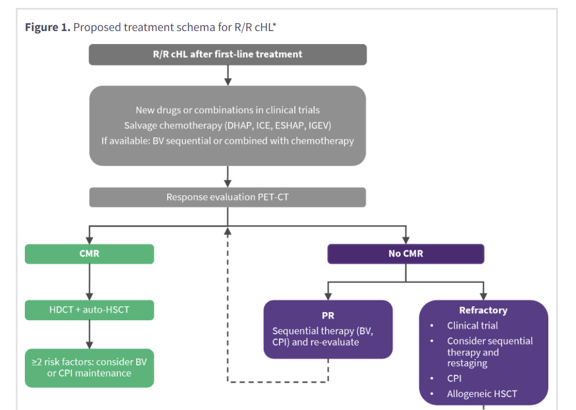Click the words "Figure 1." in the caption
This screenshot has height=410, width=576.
click(47, 27)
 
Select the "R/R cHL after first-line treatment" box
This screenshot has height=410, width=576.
click(228, 54)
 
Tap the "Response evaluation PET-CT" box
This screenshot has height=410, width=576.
click(228, 197)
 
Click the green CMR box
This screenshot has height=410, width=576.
click(89, 254)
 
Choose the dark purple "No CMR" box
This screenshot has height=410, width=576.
click(406, 254)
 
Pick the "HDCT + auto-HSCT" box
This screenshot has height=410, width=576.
click(89, 310)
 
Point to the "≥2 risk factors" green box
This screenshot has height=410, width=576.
click(89, 368)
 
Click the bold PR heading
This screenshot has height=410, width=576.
click(328, 316)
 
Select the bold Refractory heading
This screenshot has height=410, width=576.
click(483, 311)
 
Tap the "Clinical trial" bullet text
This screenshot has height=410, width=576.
click(473, 325)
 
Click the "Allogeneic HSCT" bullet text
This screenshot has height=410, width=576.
click(482, 394)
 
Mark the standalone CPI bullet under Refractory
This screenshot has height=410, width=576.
click(454, 378)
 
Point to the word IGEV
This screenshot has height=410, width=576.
click(320, 125)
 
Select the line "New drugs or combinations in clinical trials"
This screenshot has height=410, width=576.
click(228, 110)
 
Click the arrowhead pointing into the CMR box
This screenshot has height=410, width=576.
click(89, 241)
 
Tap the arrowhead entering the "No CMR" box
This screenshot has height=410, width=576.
click(406, 241)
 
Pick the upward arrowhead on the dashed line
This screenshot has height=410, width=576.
click(228, 231)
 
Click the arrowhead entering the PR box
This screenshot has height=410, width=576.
click(328, 296)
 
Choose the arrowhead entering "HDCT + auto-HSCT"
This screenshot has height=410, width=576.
click(89, 296)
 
